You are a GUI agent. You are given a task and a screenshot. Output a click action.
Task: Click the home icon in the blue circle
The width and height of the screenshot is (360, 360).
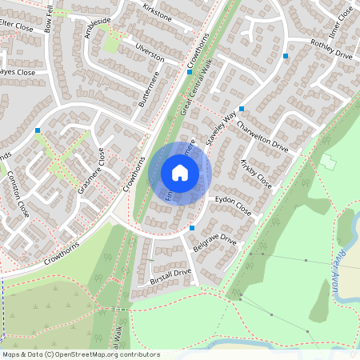(180, 172)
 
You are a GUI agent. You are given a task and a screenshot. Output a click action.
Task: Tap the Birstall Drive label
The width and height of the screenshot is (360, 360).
(170, 278)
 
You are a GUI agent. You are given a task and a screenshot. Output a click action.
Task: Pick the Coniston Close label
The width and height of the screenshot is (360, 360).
(18, 195)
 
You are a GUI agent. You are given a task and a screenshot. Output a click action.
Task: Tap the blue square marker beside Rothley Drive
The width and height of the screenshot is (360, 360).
(286, 56)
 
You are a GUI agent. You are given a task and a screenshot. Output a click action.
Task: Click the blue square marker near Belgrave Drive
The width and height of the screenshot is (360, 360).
(192, 228)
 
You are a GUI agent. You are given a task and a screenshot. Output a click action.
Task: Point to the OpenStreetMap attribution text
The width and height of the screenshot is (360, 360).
(81, 354)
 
